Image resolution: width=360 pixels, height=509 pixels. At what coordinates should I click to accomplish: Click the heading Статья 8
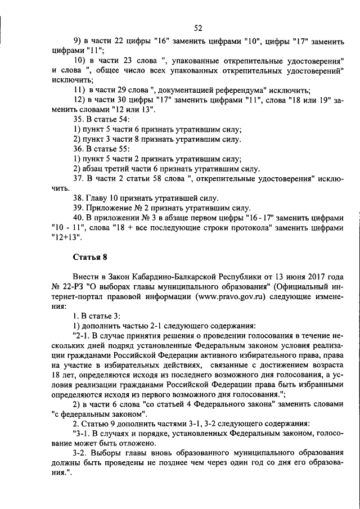click(90, 258)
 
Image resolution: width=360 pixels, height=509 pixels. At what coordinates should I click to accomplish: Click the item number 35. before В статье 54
click(79, 120)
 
